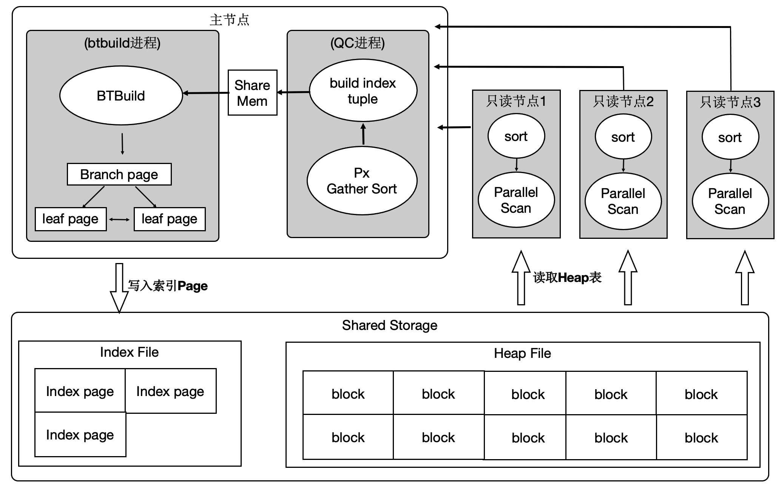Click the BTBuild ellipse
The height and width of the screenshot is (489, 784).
point(121,96)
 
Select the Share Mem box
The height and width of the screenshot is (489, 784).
point(252,93)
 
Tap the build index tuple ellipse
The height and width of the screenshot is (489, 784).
point(363,91)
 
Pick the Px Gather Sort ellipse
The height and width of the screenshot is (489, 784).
point(362,181)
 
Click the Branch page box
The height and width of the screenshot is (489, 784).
point(119,175)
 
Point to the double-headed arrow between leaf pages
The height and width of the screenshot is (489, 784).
point(120,220)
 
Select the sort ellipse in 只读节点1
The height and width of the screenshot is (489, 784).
point(516,136)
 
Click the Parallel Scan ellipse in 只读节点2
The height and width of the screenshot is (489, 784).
point(623,201)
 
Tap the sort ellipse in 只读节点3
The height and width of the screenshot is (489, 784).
point(730,138)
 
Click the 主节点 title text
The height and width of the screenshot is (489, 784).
point(229,20)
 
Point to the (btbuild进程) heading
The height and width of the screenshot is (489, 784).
point(122,43)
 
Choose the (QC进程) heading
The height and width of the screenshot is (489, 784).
point(357,43)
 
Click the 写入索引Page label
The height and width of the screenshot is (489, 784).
point(168,286)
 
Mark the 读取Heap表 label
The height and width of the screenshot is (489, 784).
point(567,278)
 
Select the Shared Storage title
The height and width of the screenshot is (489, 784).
point(389,325)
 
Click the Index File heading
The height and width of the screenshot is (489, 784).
point(129,352)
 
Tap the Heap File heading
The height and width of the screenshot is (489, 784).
point(522,353)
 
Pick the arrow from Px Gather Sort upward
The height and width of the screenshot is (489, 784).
point(363,134)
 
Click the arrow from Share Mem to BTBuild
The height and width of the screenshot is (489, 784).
point(205,93)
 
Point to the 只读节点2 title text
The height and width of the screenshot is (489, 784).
point(623,102)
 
